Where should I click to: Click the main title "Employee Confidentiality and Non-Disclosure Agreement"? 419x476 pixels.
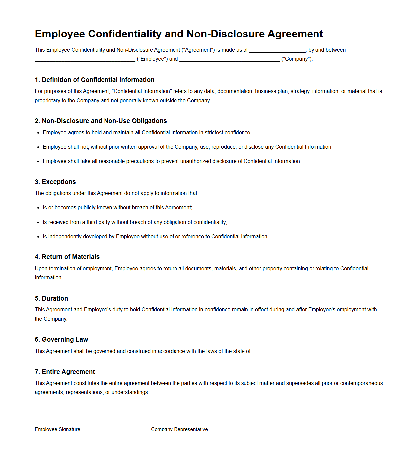(x=179, y=34)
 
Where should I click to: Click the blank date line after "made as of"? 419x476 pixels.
(x=277, y=51)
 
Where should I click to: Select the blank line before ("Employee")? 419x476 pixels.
(x=85, y=60)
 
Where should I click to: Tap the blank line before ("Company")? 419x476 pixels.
(x=230, y=60)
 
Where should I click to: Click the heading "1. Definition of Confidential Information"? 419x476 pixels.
(x=95, y=80)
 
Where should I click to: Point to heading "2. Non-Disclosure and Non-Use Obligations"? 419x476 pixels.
(x=101, y=121)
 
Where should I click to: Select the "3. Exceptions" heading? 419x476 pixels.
(x=55, y=182)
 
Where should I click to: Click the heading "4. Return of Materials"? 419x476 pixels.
(x=67, y=257)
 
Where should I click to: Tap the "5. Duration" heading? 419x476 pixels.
(x=51, y=298)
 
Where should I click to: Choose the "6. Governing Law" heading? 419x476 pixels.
(x=61, y=339)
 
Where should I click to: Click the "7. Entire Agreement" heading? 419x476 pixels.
(x=65, y=372)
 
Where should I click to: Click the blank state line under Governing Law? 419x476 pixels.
(x=280, y=352)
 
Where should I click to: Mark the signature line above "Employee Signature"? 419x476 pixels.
(x=76, y=412)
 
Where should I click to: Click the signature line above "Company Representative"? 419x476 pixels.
(x=192, y=412)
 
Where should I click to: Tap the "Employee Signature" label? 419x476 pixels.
(x=57, y=429)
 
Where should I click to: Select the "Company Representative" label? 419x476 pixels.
(x=179, y=429)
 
